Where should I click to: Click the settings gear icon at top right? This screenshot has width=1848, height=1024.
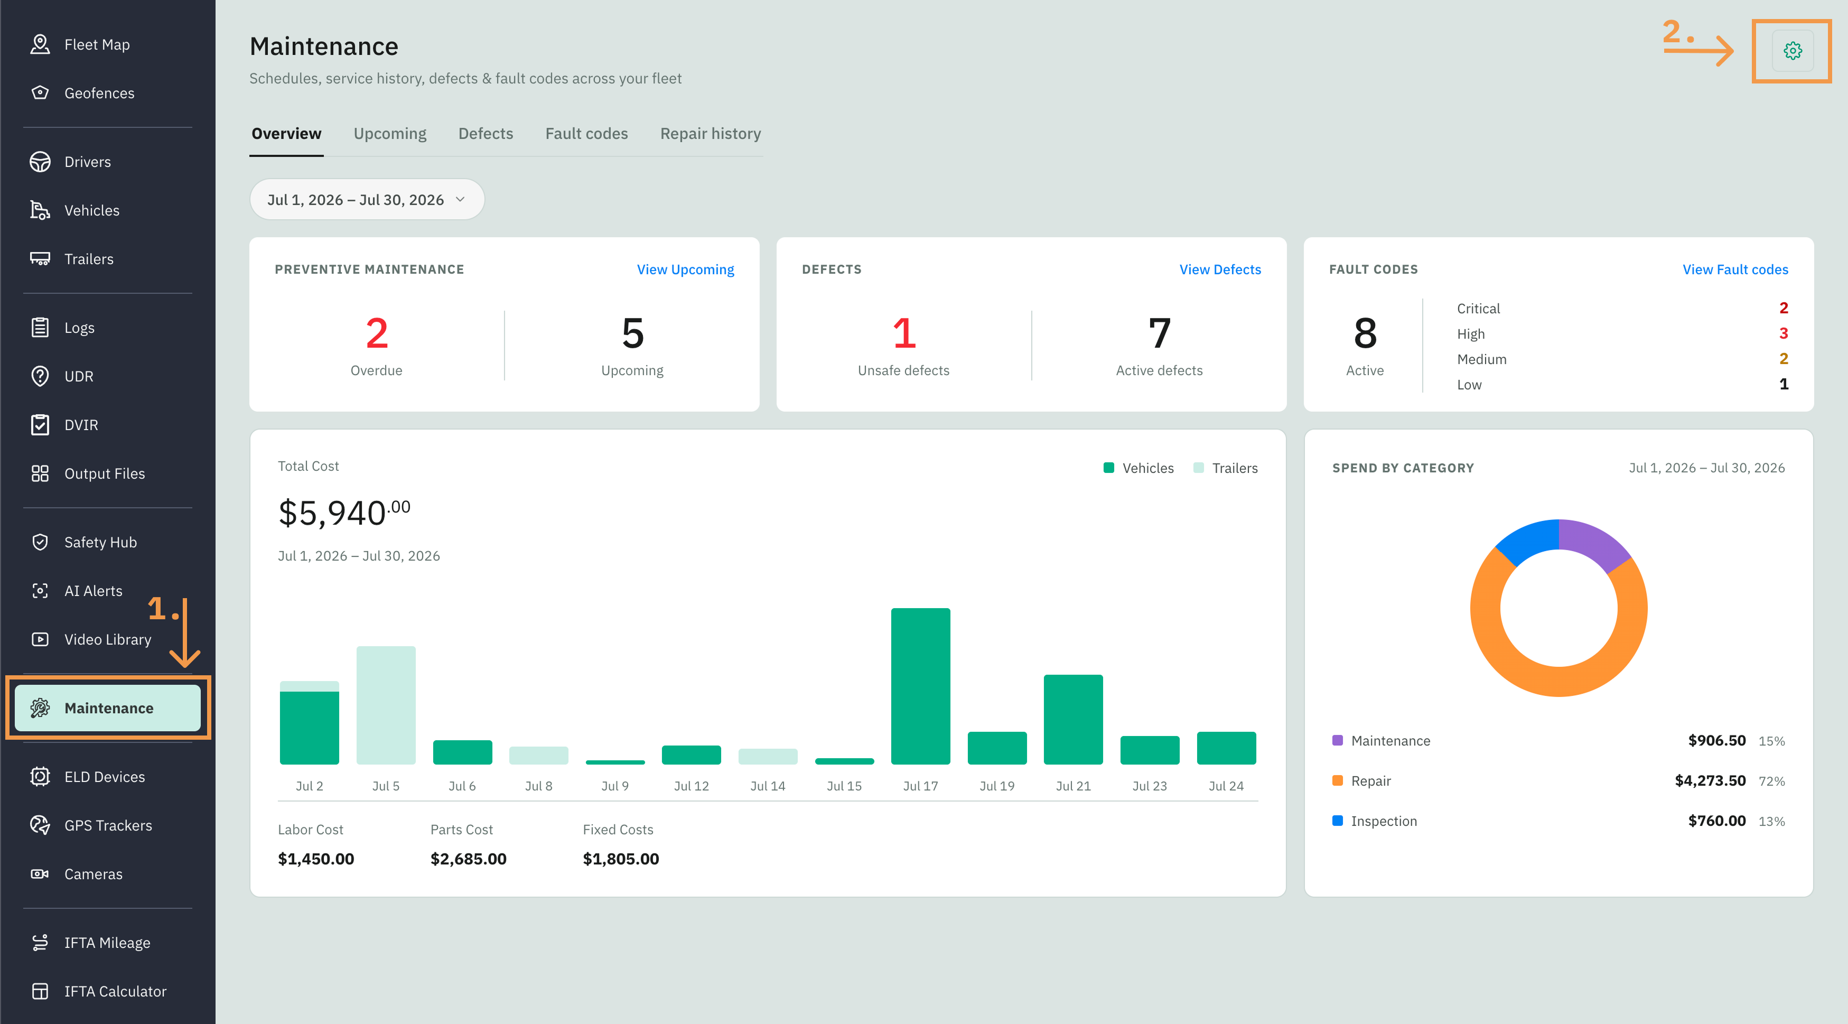pos(1792,51)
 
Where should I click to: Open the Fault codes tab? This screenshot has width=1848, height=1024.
pos(586,134)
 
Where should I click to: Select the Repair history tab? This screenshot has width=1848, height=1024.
pos(710,134)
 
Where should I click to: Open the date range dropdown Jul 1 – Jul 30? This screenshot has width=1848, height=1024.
pos(367,200)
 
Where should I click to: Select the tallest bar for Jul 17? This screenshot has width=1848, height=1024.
pos(920,686)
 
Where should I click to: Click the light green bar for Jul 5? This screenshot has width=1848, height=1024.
pos(386,705)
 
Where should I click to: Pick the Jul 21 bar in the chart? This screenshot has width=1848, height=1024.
pos(1073,719)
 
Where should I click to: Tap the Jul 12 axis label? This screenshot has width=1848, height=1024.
pos(691,786)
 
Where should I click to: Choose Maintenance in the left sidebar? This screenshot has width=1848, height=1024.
pos(108,708)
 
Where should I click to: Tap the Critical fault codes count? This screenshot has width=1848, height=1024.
pos(1784,308)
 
